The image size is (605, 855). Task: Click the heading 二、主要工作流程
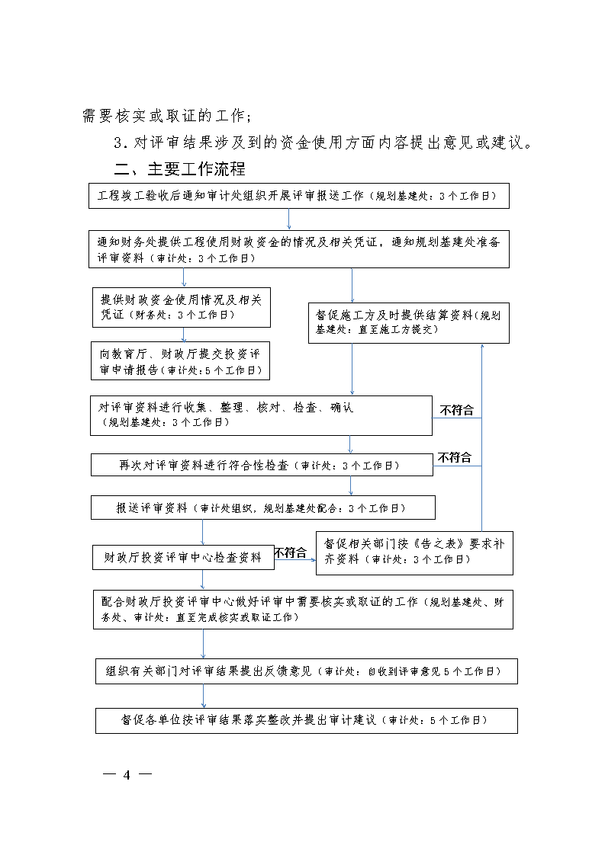point(179,168)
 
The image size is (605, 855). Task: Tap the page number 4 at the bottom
point(127,775)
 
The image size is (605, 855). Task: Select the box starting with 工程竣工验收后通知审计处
point(298,196)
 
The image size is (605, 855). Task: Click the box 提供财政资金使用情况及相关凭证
point(181,307)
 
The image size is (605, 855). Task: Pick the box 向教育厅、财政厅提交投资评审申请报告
point(181,361)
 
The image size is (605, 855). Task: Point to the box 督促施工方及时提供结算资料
point(408,322)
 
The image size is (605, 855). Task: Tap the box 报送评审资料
point(262,508)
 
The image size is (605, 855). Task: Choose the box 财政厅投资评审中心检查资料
point(182,557)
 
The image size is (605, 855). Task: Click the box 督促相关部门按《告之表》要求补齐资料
point(414,552)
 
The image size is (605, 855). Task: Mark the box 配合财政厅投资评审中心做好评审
point(301,609)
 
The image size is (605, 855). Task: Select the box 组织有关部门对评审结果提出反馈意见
point(306,671)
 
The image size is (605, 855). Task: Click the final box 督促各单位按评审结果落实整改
point(306,720)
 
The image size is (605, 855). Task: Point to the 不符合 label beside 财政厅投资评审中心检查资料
point(290,552)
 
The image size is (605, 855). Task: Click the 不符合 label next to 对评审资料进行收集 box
point(457,410)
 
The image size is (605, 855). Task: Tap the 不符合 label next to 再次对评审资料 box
point(455,457)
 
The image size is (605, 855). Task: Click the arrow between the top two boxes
point(289,219)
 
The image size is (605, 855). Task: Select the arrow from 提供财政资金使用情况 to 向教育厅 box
point(183,335)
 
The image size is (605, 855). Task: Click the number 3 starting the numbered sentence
point(118,142)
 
